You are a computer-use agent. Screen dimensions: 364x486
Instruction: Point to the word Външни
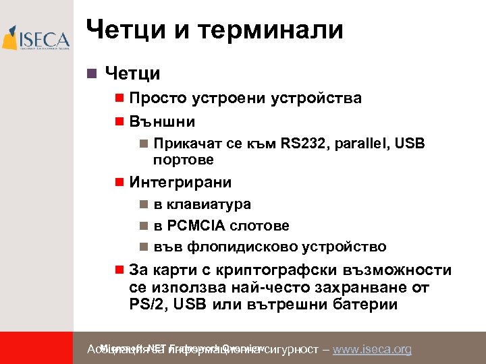click(162, 122)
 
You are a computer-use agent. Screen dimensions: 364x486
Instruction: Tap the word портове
click(184, 160)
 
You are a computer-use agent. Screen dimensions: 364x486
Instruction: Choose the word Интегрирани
click(180, 182)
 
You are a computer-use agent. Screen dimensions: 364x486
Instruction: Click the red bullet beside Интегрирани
click(119, 182)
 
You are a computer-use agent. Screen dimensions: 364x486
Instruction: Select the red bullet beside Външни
click(119, 122)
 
